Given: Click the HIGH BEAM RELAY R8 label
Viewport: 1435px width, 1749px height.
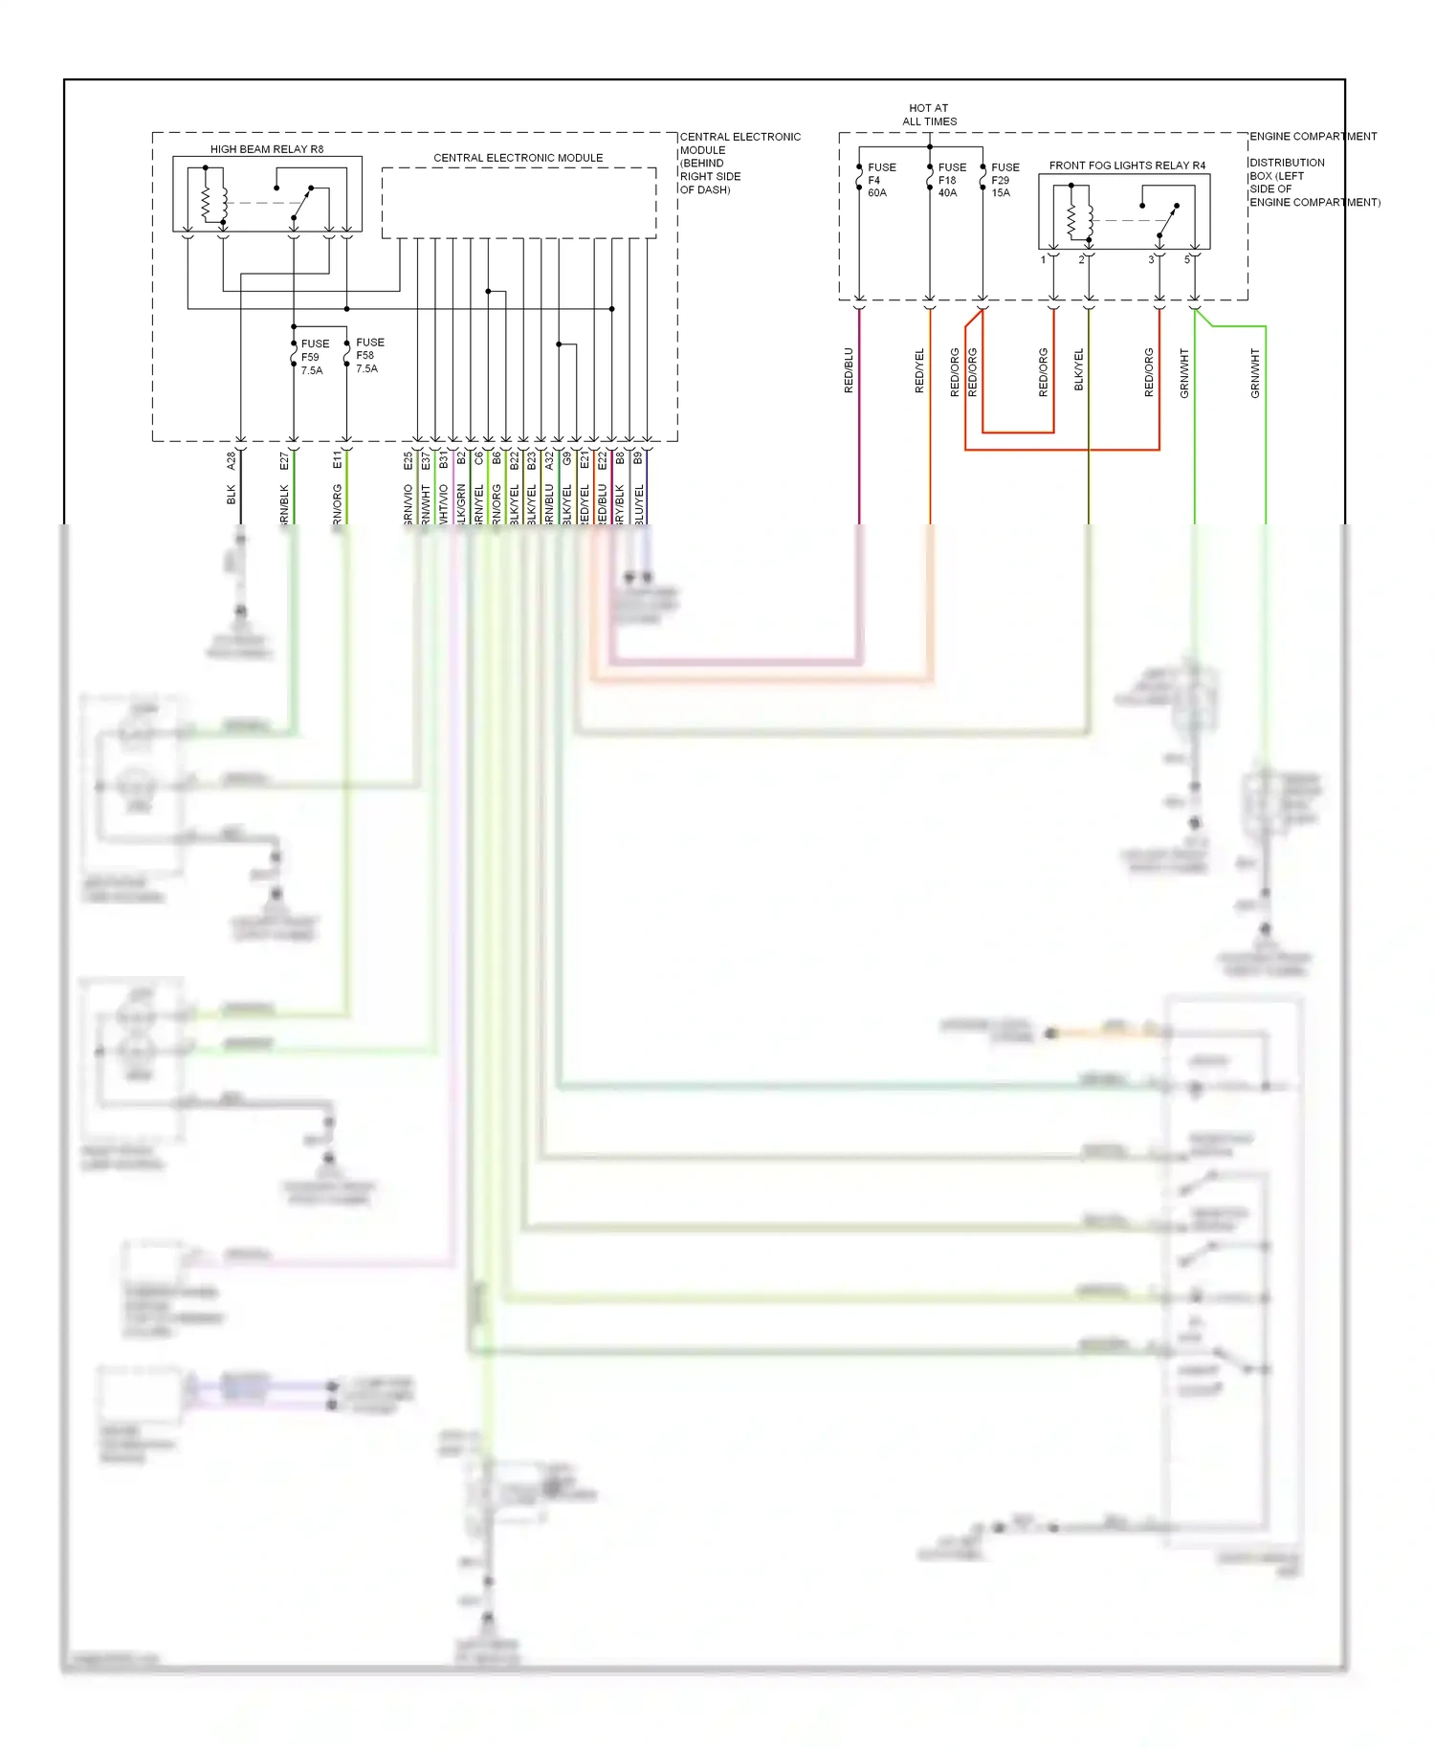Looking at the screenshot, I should [x=267, y=149].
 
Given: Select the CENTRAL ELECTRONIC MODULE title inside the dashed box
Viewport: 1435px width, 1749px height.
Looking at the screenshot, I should [x=518, y=158].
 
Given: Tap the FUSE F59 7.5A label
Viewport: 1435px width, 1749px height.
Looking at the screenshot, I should [x=314, y=357].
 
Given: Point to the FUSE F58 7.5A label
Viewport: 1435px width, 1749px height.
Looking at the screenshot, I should [x=368, y=355].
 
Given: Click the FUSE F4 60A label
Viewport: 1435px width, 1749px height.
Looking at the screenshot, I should [x=880, y=180].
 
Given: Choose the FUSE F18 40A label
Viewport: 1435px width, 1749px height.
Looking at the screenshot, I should [x=951, y=180].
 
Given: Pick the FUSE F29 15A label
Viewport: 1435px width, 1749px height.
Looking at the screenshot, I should [x=1004, y=180].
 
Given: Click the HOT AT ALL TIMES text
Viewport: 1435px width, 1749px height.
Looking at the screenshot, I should [x=928, y=115].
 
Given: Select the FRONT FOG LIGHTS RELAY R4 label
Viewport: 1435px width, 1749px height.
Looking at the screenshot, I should [x=1127, y=166].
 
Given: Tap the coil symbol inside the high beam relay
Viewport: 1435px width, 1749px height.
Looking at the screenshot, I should [x=205, y=202].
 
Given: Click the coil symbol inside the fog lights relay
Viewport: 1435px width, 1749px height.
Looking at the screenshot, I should [x=1071, y=221].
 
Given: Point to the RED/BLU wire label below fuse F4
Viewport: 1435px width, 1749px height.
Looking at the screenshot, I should [x=849, y=370].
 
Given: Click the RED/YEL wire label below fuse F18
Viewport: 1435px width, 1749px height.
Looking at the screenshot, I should [x=919, y=370].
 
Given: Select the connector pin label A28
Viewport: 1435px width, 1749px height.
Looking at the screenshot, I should [x=231, y=460].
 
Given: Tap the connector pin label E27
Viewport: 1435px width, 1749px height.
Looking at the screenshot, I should [x=284, y=461].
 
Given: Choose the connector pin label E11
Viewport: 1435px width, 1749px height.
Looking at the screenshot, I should [x=337, y=460].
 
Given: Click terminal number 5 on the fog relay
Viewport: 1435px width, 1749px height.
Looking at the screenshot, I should [x=1187, y=260].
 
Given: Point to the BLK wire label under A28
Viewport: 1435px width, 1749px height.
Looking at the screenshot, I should [x=231, y=495].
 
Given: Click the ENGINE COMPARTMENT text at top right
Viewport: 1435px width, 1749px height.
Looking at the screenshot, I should [x=1313, y=137].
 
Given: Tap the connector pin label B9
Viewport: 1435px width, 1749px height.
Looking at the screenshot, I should [x=638, y=459].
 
